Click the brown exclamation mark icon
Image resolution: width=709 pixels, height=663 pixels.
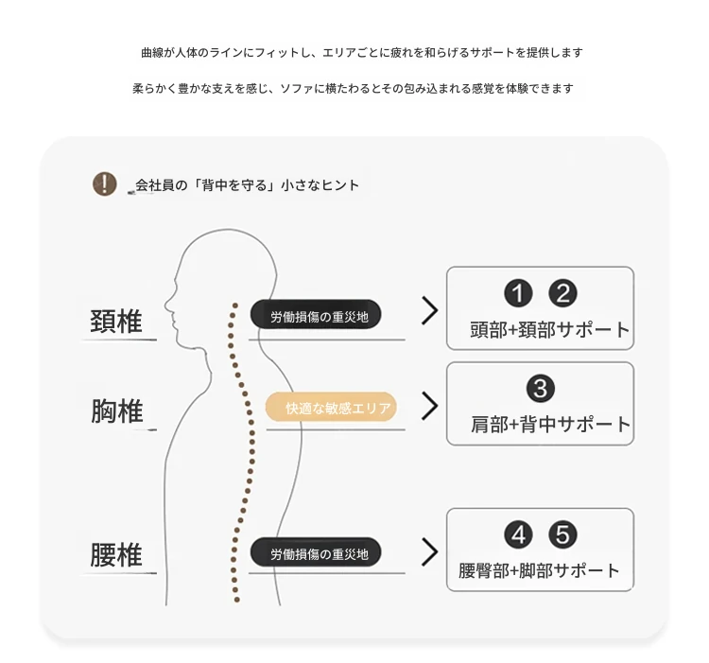104,183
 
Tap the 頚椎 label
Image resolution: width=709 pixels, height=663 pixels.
116,322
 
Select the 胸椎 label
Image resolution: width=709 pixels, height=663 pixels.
117,411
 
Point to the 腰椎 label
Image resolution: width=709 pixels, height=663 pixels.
116,554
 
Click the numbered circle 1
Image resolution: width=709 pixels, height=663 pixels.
518,293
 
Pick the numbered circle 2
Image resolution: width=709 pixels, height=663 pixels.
562,293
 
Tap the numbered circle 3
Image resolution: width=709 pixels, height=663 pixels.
541,388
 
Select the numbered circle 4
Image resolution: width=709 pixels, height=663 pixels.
518,534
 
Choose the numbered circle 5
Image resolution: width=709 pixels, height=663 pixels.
562,534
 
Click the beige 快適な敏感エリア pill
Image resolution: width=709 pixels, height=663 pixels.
331,407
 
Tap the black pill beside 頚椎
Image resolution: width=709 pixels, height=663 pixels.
316,314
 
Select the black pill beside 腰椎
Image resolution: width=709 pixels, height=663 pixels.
316,551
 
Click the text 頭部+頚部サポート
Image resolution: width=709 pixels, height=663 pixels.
549,330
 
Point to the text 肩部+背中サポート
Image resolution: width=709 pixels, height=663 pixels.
550,425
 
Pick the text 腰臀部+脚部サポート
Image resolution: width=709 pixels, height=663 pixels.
539,570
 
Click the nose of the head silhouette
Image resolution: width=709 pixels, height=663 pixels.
165,304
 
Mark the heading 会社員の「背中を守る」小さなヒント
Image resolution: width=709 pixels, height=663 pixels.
247,185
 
